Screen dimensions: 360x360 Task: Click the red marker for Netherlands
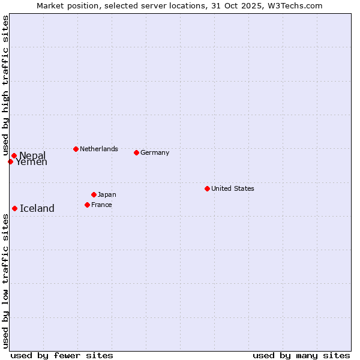click(x=76, y=149)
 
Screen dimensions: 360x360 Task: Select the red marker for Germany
click(x=136, y=152)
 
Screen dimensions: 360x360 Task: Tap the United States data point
click(x=207, y=188)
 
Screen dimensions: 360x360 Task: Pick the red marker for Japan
click(x=94, y=194)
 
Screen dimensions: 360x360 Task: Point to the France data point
click(x=87, y=205)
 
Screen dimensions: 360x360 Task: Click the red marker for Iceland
click(x=14, y=208)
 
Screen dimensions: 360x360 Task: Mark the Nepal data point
click(x=14, y=155)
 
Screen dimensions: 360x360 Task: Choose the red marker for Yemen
click(x=10, y=161)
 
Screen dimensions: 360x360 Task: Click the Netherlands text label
click(x=99, y=149)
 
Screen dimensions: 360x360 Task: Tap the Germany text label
click(x=155, y=152)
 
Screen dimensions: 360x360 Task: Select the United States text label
click(x=233, y=188)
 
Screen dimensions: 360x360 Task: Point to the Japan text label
click(x=107, y=194)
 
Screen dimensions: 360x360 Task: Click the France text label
click(x=101, y=205)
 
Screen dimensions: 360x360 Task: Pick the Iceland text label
click(x=37, y=208)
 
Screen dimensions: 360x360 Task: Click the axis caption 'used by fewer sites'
click(x=62, y=355)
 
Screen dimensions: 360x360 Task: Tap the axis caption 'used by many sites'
click(x=301, y=355)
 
